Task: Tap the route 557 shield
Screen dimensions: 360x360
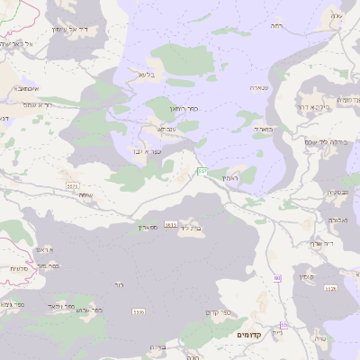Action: tap(202, 171)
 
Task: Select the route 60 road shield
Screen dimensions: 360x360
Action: tap(277, 278)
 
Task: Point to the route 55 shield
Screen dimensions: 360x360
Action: tap(283, 325)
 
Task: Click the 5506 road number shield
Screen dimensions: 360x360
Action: tap(138, 311)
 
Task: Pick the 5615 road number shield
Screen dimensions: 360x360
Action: tap(171, 225)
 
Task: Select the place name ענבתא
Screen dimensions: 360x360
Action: tap(166, 129)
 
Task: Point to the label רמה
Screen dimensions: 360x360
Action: tap(275, 26)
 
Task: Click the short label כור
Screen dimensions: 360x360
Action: tap(120, 284)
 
